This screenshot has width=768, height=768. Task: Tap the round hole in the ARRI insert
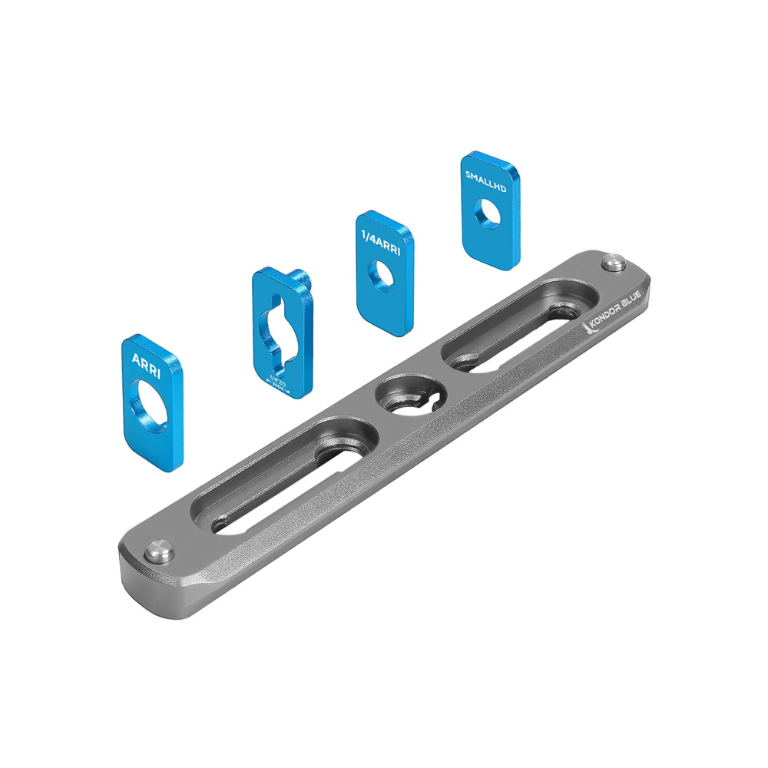(x=154, y=401)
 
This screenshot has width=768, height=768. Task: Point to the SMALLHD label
(x=486, y=175)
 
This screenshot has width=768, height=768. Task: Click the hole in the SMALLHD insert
(x=488, y=213)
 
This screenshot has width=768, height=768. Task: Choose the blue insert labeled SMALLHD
(x=489, y=205)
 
